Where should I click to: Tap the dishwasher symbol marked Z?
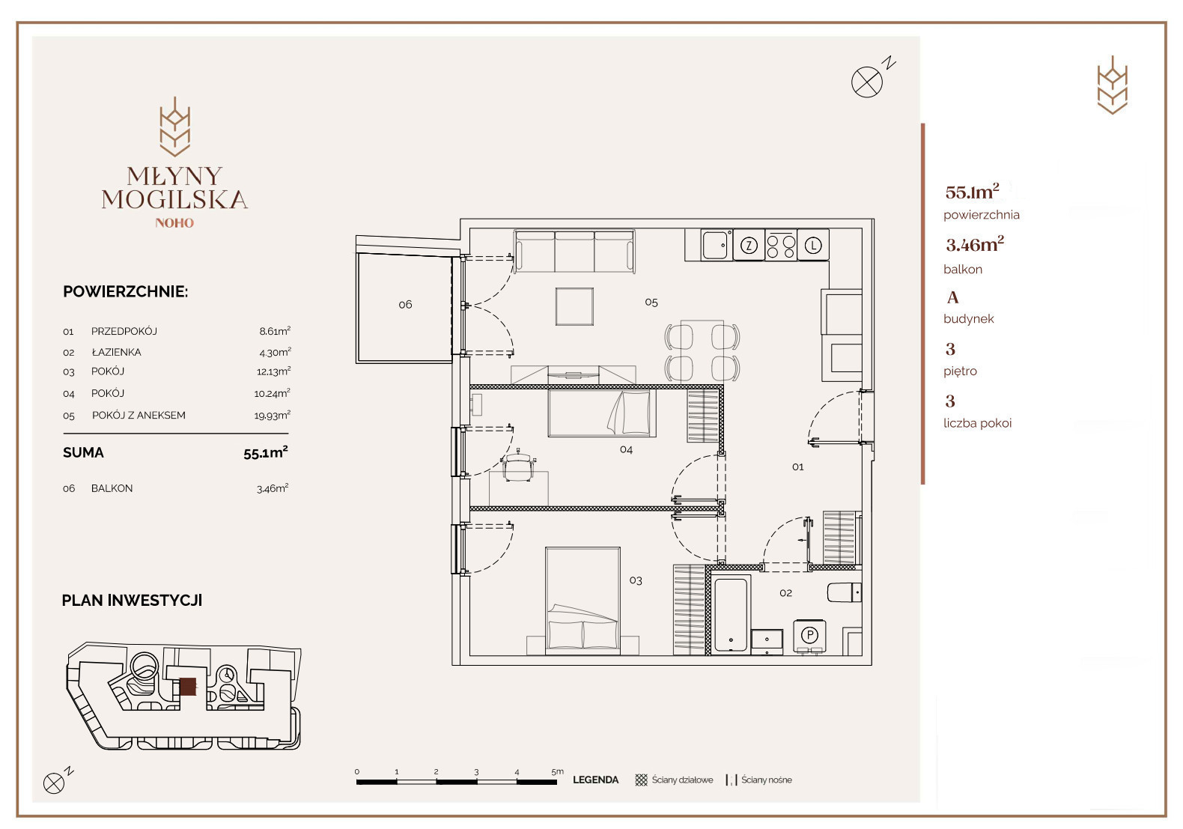tap(749, 245)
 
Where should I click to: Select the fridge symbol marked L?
tap(813, 245)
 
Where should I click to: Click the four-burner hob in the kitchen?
tap(781, 245)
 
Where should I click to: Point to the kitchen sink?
tap(716, 245)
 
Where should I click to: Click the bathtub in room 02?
tap(731, 615)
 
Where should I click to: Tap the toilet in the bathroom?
tap(844, 592)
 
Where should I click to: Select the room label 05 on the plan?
tap(651, 303)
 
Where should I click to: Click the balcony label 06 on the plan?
tap(405, 304)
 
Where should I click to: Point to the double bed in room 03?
tap(583, 601)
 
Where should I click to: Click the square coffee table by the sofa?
tap(574, 306)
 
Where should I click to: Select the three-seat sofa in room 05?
tap(574, 251)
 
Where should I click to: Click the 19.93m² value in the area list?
tap(273, 415)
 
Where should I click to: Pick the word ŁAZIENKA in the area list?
tap(116, 352)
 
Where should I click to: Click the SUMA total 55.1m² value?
tap(266, 452)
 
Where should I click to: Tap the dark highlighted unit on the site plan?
tap(188, 687)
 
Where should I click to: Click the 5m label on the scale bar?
tap(557, 772)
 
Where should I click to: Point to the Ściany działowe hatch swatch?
tap(641, 780)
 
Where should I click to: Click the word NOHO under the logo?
tap(174, 223)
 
